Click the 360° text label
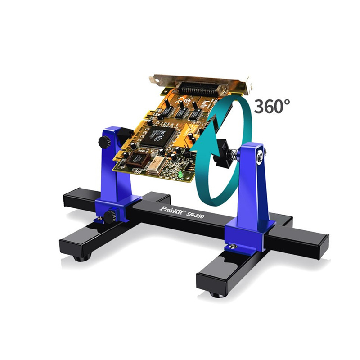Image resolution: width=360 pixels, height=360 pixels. pyautogui.click(x=272, y=106)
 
